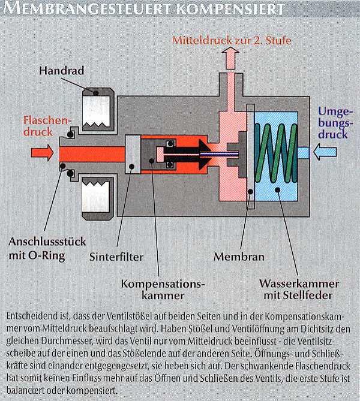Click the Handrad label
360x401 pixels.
click(62, 71)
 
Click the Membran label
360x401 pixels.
click(239, 257)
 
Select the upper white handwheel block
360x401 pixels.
click(97, 114)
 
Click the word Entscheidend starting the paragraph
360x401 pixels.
click(32, 315)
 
